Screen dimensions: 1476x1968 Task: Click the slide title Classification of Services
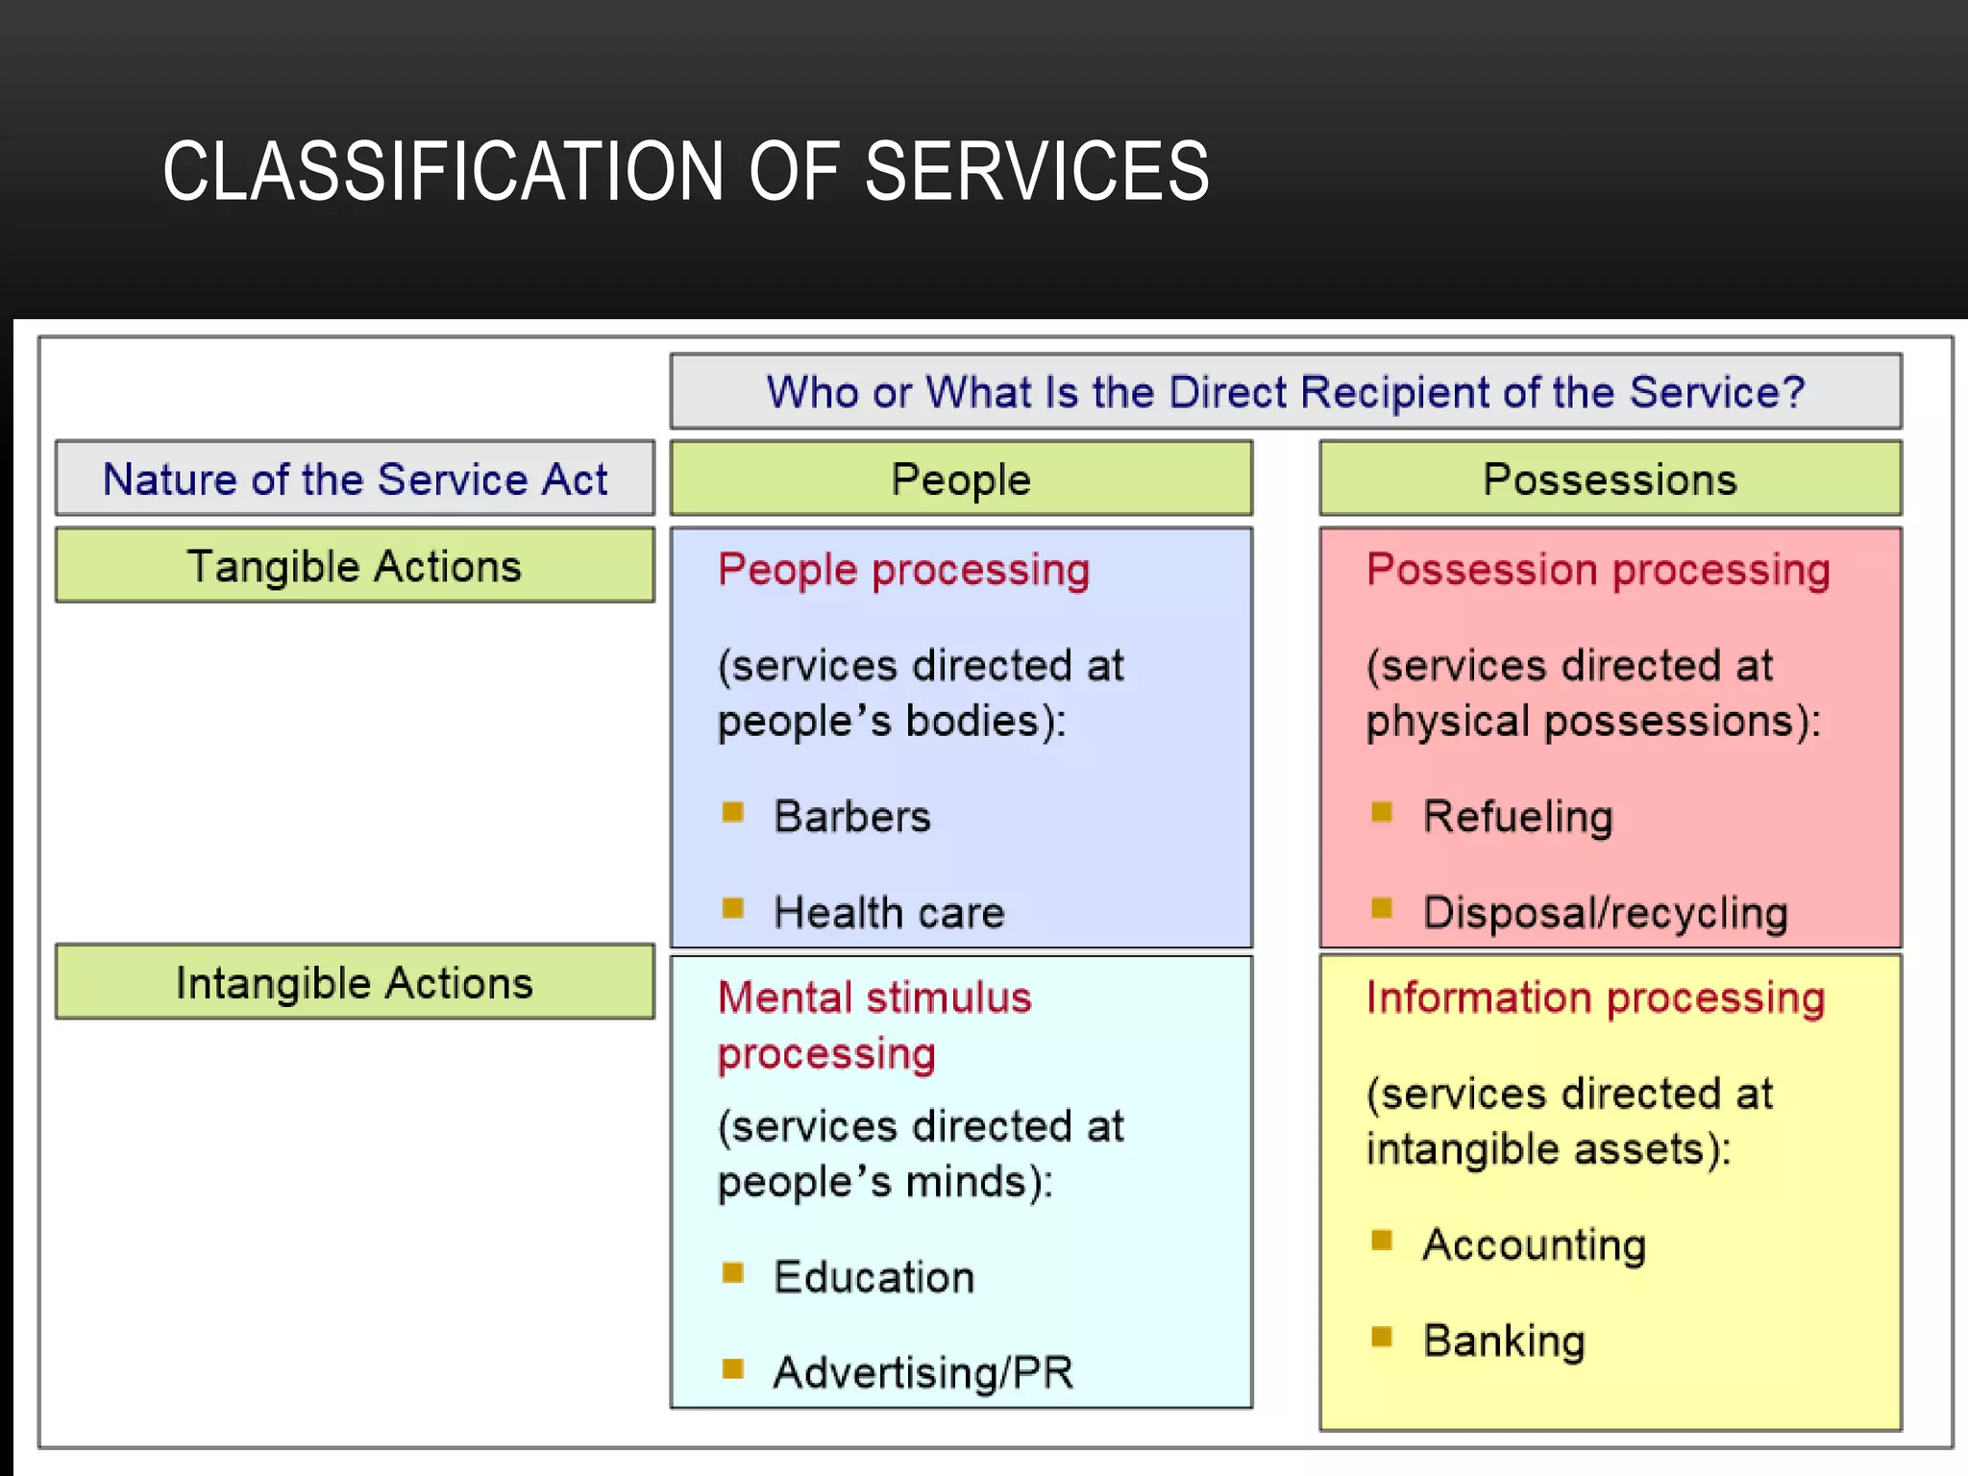685,171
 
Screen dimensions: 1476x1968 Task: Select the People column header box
961,479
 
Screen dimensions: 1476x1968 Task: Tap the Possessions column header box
1610,479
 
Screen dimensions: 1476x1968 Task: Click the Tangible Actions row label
355,566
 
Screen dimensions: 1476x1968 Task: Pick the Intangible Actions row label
355,982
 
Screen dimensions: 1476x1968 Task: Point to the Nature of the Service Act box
355,479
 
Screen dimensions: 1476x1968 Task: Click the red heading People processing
903,570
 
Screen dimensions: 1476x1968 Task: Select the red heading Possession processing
1598,570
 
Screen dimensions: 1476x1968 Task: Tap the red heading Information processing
1595,997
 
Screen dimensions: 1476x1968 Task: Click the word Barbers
852,817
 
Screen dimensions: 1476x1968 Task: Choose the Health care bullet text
889,912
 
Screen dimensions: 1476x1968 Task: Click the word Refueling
1517,817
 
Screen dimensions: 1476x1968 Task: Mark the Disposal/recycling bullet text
1605,912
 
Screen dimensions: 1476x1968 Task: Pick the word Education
873,1277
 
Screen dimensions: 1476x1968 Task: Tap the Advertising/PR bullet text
922,1372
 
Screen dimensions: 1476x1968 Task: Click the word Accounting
1534,1244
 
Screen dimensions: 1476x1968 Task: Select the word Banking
1504,1341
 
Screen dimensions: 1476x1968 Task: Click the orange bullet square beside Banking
1382,1337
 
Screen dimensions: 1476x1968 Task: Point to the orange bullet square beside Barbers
732,812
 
